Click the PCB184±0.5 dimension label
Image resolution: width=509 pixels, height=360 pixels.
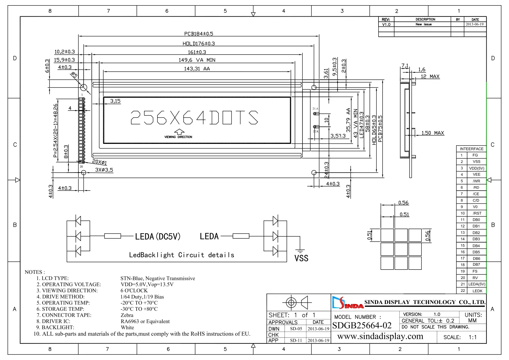199,34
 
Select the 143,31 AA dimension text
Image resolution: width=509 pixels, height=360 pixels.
197,69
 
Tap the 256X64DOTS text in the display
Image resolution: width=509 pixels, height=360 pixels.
194,117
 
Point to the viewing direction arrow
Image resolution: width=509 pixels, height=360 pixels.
179,132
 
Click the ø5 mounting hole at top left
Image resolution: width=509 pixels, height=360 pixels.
84,87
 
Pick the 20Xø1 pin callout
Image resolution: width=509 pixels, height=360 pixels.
99,162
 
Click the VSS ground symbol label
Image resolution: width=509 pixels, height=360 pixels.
301,258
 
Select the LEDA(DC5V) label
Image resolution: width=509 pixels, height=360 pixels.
158,237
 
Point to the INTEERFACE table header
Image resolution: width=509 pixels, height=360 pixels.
471,149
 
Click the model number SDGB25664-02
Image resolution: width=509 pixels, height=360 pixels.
362,325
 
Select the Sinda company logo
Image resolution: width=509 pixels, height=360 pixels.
347,303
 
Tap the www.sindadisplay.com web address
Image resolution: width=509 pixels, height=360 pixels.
380,337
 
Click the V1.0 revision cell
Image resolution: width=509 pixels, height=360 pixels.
386,25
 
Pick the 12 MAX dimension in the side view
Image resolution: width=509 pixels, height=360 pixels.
430,77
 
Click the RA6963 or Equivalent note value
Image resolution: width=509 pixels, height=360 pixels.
145,321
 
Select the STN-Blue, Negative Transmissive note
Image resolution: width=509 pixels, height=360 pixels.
157,278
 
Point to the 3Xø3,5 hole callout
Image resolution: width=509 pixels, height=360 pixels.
104,170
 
